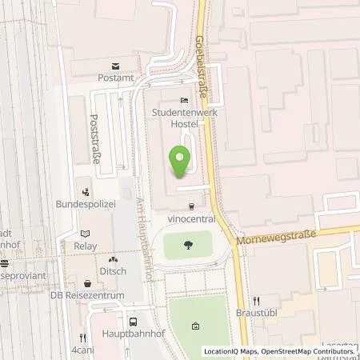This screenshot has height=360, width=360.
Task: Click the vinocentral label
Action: (x=190, y=218)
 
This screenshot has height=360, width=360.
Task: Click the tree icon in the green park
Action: (x=189, y=245)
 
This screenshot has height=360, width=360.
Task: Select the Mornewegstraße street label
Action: (x=276, y=237)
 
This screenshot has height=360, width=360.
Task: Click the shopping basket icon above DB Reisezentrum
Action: (x=87, y=283)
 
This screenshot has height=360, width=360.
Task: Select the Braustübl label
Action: (x=257, y=314)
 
